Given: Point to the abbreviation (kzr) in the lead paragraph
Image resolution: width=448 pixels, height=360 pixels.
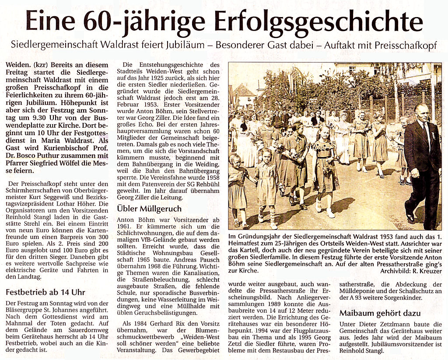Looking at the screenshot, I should [41, 65].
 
